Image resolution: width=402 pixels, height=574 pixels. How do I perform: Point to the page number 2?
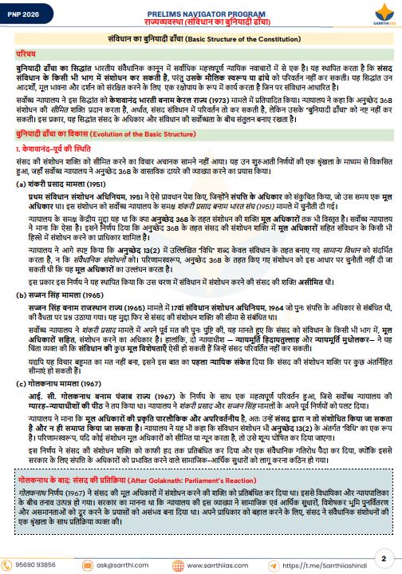coord(384,558)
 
